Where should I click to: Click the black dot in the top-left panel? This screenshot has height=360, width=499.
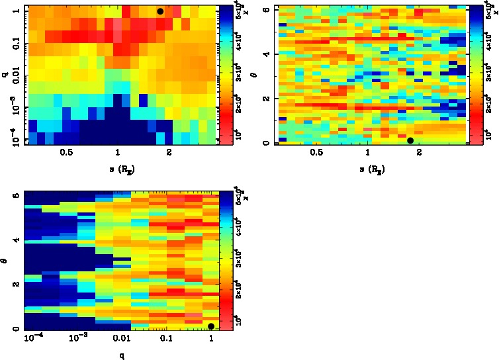click(160, 11)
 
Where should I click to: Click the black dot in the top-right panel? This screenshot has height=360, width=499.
click(410, 140)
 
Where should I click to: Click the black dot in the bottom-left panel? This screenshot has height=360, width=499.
click(211, 326)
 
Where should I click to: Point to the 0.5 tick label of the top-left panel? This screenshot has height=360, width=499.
click(66, 152)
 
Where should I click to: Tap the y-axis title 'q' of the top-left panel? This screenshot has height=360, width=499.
click(5, 75)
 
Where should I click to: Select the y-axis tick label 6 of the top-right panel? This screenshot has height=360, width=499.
click(265, 9)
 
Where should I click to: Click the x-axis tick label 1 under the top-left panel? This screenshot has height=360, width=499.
click(118, 152)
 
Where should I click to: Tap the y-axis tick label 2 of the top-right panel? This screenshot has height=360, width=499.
click(265, 98)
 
